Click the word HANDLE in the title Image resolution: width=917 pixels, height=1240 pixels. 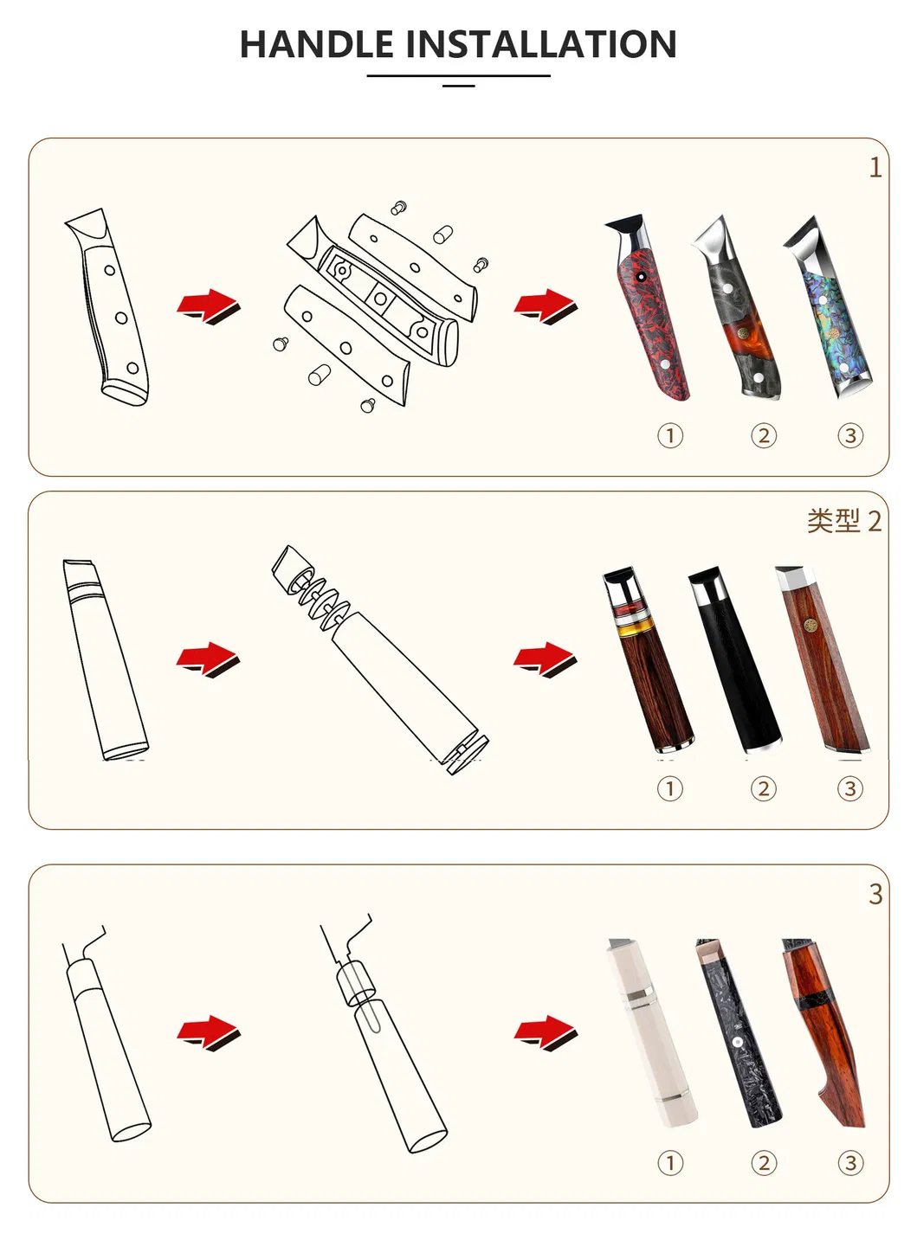pos(316,45)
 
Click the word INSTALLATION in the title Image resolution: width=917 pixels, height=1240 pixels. pos(540,45)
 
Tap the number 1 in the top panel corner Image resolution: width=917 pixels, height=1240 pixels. pos(875,167)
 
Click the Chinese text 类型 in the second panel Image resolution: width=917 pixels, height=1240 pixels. pos(833,521)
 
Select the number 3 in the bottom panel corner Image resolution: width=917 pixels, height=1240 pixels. pos(875,894)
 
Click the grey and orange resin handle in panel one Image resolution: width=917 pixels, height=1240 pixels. pos(740,320)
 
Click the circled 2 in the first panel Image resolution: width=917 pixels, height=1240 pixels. pos(763,435)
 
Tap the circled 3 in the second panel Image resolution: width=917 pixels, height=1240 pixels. pos(849,788)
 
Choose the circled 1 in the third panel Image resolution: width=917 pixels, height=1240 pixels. pos(670,1162)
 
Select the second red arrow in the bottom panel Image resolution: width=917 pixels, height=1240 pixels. pos(545,1032)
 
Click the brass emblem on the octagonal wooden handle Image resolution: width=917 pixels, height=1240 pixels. pos(811,626)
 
